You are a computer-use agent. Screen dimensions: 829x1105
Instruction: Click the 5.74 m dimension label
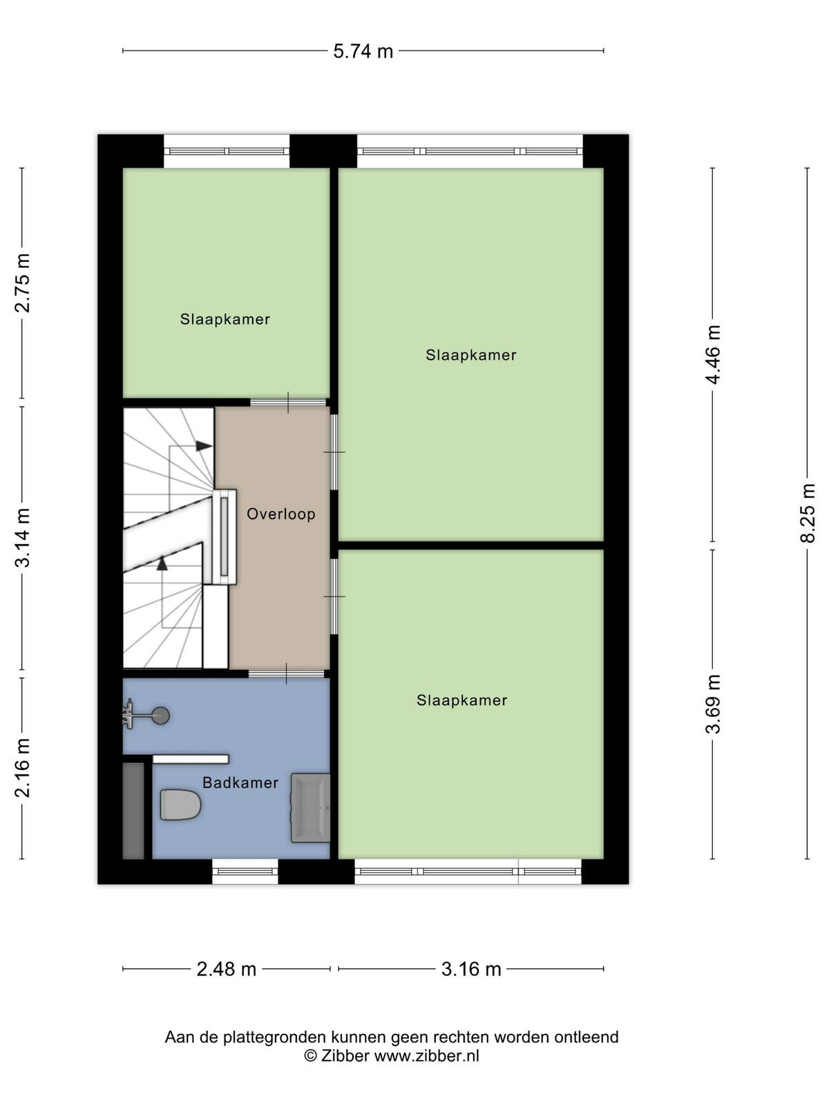pyautogui.click(x=363, y=51)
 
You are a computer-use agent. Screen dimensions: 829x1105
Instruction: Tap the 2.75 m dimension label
pyautogui.click(x=23, y=282)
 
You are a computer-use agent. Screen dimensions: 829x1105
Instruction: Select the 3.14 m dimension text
pyautogui.click(x=23, y=537)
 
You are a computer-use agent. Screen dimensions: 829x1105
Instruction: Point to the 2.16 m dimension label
pyautogui.click(x=23, y=768)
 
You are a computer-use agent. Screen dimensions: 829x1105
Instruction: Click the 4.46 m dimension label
pyautogui.click(x=713, y=354)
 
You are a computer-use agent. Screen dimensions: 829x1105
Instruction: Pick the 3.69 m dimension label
pyautogui.click(x=713, y=704)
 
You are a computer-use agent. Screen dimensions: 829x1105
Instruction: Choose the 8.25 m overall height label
pyautogui.click(x=808, y=513)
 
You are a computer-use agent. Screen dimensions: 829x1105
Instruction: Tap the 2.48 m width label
pyautogui.click(x=227, y=969)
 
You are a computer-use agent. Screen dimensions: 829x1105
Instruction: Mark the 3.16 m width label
pyautogui.click(x=471, y=969)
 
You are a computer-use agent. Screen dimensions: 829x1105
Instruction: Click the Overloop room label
pyautogui.click(x=281, y=514)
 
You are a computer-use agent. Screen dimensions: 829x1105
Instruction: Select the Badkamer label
pyautogui.click(x=240, y=782)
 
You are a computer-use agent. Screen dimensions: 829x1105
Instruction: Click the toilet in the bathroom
pyautogui.click(x=180, y=805)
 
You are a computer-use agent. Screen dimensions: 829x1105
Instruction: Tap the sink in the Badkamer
pyautogui.click(x=310, y=807)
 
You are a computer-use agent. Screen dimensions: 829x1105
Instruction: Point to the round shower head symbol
pyautogui.click(x=161, y=715)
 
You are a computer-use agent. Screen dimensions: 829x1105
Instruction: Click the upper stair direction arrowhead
pyautogui.click(x=204, y=445)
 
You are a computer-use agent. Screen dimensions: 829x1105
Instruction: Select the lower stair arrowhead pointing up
pyautogui.click(x=162, y=564)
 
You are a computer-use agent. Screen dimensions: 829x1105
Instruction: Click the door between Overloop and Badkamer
pyautogui.click(x=287, y=673)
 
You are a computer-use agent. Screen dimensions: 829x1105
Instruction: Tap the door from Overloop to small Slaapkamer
pyautogui.click(x=288, y=403)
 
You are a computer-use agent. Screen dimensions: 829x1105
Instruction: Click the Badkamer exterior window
pyautogui.click(x=245, y=872)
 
